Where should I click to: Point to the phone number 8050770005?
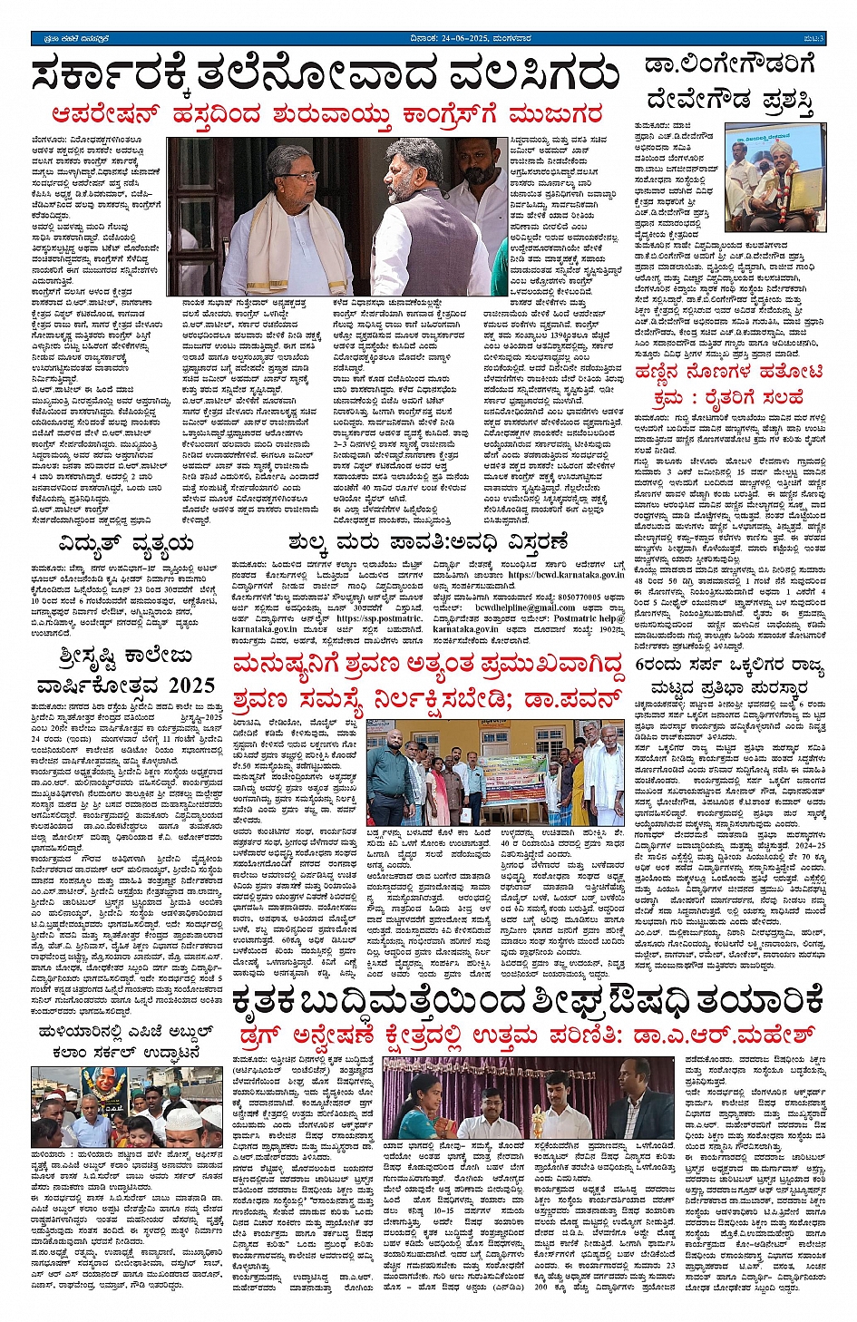click(x=579, y=597)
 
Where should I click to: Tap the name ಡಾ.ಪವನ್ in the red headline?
click(x=579, y=698)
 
